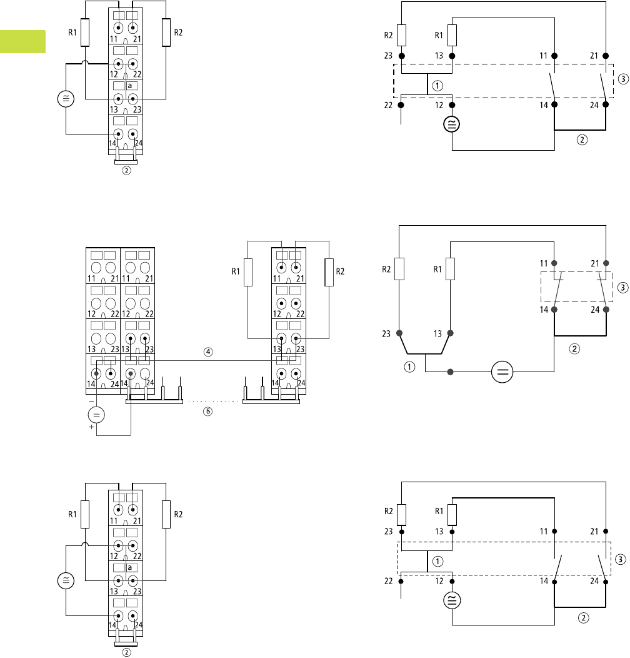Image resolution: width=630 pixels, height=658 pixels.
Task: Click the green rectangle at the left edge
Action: [22, 41]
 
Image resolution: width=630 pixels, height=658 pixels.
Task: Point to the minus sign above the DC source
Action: [91, 399]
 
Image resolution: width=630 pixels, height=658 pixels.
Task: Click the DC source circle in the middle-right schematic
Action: [502, 373]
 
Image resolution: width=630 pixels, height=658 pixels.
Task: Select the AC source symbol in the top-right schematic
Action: [451, 124]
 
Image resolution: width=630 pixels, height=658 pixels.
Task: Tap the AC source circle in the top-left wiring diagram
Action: [65, 98]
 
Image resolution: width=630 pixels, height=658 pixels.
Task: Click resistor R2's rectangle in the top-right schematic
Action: [401, 35]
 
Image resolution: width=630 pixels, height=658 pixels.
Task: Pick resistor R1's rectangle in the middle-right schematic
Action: [450, 268]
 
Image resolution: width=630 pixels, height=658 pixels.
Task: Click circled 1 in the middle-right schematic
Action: [410, 367]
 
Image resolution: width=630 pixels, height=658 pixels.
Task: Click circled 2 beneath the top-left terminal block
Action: [126, 170]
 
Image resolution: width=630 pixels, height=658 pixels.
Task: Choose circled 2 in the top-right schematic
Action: [582, 139]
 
